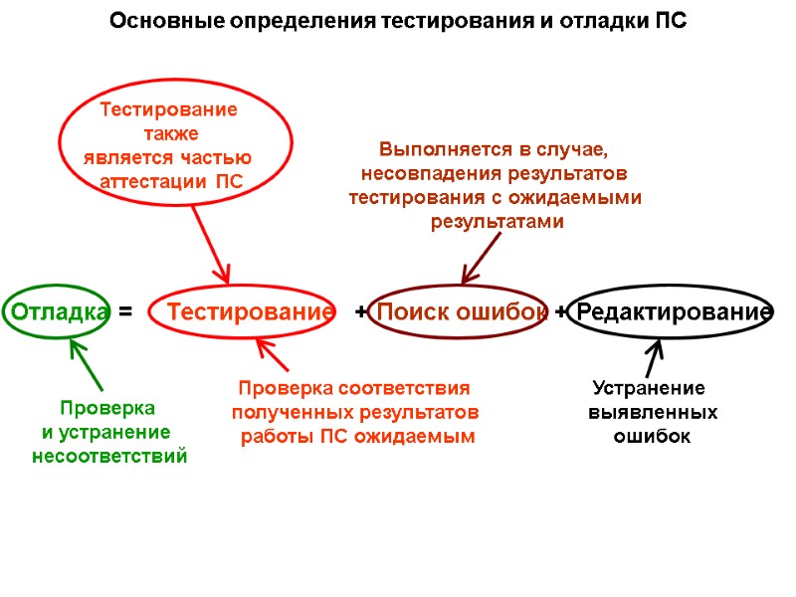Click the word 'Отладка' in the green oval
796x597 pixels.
[x=58, y=312]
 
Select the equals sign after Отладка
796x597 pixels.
[x=124, y=312]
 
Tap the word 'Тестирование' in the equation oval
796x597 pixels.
[x=251, y=312]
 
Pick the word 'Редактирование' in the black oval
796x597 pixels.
[x=675, y=312]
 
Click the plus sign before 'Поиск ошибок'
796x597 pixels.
[x=360, y=312]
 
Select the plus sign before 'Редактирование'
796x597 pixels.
[x=561, y=312]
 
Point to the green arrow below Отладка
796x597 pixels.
[x=87, y=364]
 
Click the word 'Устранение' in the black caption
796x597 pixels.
[x=649, y=388]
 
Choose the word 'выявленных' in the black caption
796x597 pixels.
[x=653, y=412]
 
